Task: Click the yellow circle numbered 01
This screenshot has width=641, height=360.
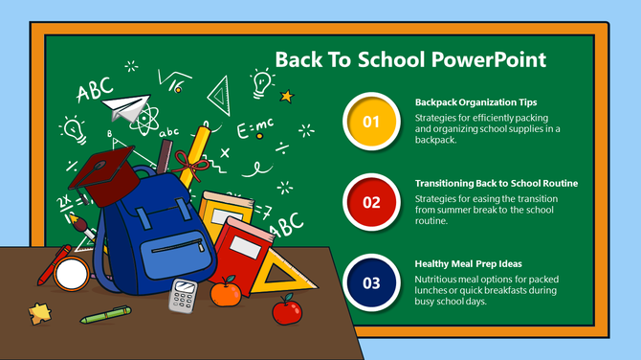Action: coord(372,122)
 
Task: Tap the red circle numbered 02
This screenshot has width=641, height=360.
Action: coord(372,202)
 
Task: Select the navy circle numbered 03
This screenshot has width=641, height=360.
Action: coord(372,282)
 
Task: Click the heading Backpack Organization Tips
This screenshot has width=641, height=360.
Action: coord(475,101)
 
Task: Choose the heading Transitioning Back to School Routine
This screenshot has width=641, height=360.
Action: coord(496,182)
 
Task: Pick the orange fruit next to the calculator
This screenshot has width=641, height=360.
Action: coord(226,292)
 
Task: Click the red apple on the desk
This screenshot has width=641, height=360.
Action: coord(284,309)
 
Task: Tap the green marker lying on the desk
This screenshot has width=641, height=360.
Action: coord(105,314)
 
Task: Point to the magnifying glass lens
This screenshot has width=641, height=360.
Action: coord(71,275)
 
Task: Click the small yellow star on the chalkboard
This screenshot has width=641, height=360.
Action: coord(285,96)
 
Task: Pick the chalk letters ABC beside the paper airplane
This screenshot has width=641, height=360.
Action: coord(95,91)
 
